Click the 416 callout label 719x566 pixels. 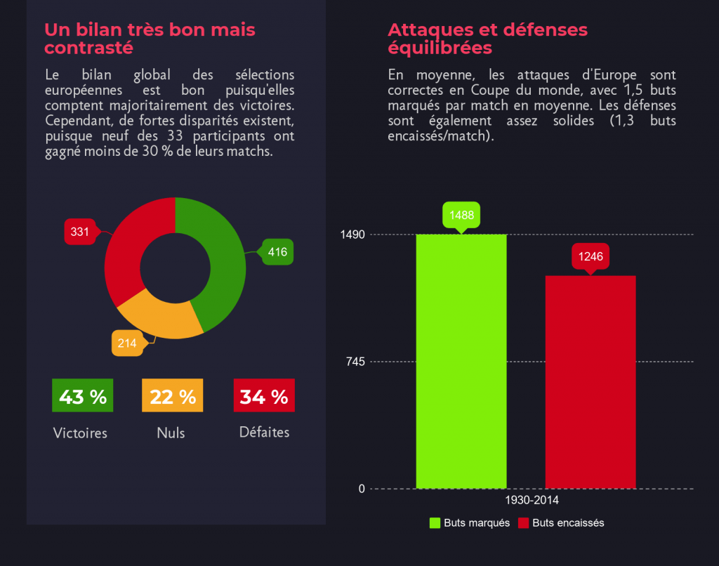point(277,252)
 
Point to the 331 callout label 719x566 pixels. point(79,232)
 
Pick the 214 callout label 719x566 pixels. point(127,343)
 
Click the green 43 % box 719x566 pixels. point(82,396)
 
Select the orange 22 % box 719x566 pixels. point(173,396)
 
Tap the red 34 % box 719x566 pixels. point(263,396)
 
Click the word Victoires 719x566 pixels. point(80,433)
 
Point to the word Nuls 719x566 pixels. point(171,433)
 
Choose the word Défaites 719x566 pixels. point(264,433)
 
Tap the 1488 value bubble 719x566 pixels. point(461,215)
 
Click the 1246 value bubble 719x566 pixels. point(591,256)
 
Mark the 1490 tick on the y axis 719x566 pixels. point(352,234)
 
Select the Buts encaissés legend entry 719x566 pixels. point(561,523)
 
